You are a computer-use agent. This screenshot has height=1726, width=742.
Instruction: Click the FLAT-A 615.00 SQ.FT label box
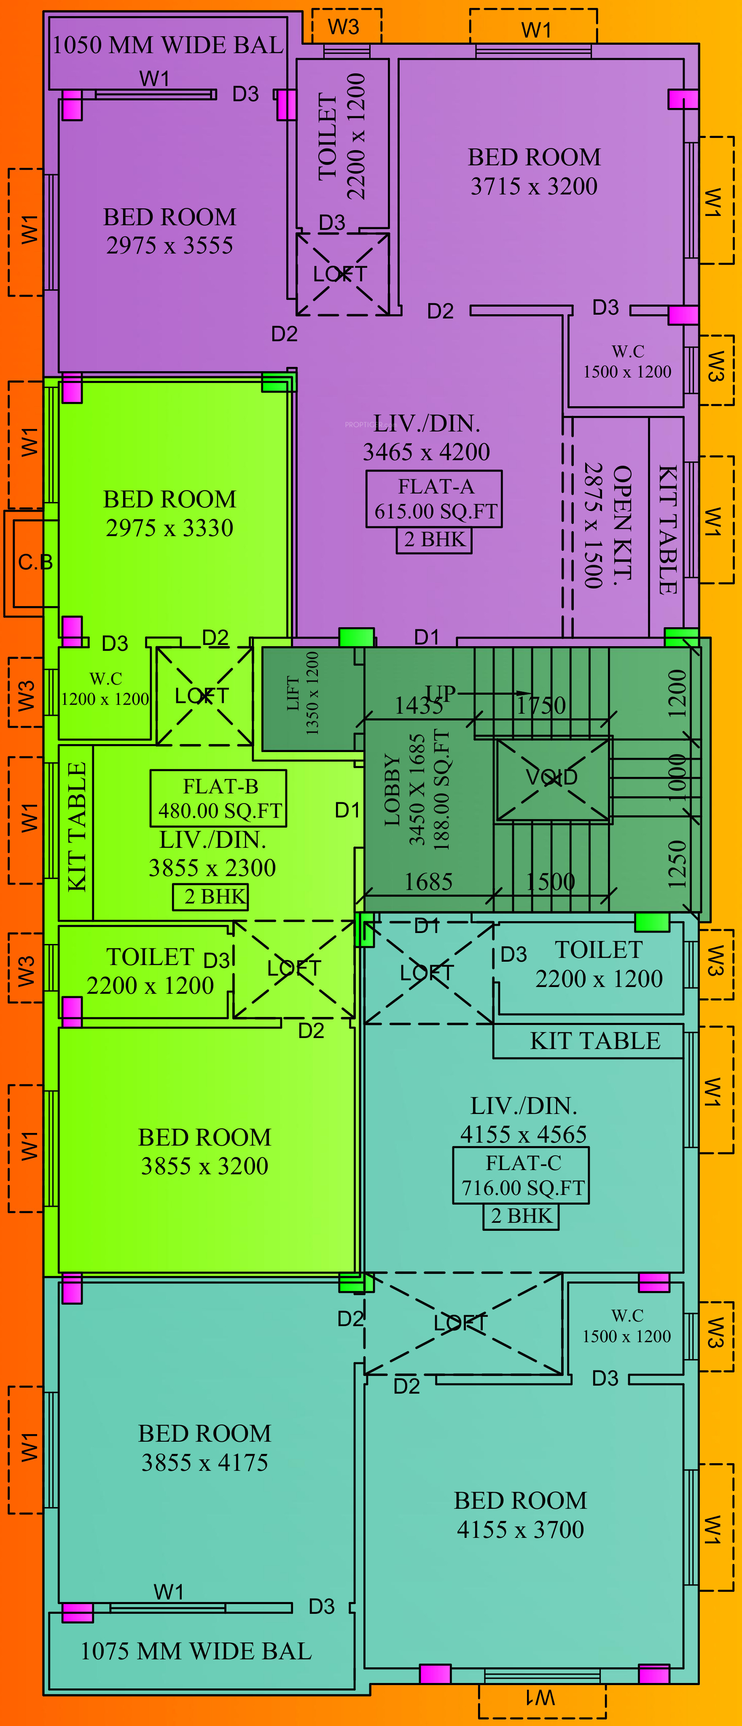pos(434,499)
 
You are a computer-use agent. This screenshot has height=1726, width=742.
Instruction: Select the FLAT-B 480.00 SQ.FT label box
pos(219,798)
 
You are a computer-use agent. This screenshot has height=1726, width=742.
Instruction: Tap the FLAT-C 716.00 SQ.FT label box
pos(522,1175)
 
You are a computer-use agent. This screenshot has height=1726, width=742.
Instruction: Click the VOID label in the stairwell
pos(552,777)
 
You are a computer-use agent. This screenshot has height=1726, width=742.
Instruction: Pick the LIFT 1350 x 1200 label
pos(303,693)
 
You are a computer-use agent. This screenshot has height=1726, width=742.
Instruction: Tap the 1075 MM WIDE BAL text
pos(196,1651)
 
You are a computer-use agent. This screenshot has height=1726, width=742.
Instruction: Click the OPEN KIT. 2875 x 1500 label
pos(608,526)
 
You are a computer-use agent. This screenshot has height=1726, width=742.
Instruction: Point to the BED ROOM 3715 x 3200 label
pos(534,172)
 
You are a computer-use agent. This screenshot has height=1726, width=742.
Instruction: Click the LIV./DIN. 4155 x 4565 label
pos(523,1119)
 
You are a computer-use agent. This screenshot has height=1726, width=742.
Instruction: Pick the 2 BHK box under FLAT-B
pos(210,896)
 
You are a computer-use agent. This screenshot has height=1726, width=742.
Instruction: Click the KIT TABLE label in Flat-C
pos(595,1041)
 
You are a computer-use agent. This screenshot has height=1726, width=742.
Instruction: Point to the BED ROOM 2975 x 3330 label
pos(169,513)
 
